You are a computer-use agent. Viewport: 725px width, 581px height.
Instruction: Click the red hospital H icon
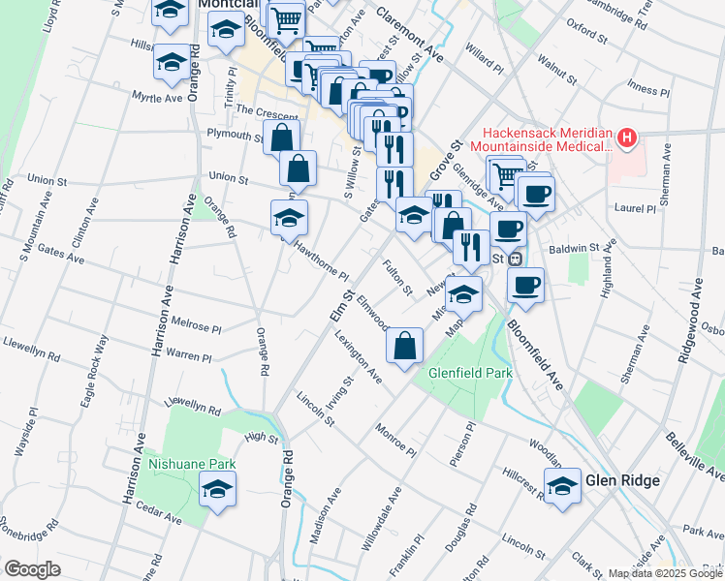click(627, 138)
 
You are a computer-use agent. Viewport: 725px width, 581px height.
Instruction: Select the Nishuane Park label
click(193, 464)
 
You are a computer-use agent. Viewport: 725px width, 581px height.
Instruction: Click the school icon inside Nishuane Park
click(218, 493)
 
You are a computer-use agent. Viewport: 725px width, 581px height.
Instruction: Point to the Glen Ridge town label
click(622, 481)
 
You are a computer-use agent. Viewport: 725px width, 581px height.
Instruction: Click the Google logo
click(32, 569)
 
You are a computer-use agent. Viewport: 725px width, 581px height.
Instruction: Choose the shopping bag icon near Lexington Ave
click(405, 347)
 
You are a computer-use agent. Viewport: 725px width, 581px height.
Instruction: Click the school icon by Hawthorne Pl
click(289, 221)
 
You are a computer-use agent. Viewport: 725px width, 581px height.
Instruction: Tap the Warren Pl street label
click(188, 356)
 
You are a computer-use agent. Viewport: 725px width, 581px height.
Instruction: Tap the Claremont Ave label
click(408, 39)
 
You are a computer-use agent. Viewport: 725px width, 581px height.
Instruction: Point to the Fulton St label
click(397, 278)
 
